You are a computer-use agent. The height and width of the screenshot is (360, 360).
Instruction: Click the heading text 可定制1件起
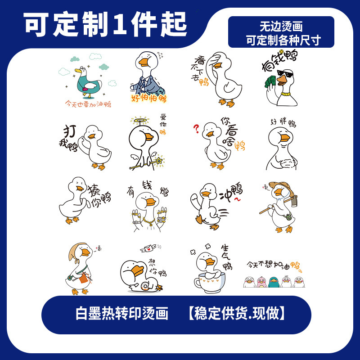click(105, 24)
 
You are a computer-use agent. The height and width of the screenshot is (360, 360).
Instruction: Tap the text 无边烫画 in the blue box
click(281, 26)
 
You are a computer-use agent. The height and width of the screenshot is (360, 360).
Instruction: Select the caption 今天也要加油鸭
click(89, 104)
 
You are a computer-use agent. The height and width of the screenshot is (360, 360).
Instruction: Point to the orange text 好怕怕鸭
click(148, 99)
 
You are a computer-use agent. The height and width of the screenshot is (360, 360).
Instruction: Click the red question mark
click(196, 129)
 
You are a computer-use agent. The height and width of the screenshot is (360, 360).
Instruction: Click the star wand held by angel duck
click(158, 161)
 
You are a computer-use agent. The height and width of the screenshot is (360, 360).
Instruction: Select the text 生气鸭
click(226, 257)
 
